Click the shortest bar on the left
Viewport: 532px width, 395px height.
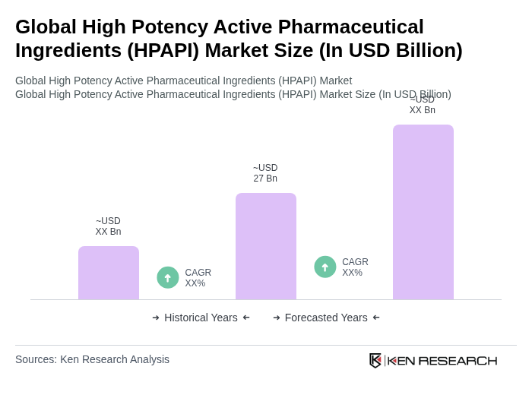point(109,273)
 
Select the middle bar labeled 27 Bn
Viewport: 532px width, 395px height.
point(266,246)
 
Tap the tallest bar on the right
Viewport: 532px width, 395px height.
point(423,212)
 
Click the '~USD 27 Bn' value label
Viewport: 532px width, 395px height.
point(265,173)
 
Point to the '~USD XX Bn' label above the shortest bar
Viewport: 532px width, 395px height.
point(108,226)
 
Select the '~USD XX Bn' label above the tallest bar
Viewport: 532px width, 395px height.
point(423,105)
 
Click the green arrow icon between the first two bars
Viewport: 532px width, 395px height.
point(168,277)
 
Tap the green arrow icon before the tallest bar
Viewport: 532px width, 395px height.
point(325,267)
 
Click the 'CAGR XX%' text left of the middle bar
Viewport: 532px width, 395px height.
point(198,278)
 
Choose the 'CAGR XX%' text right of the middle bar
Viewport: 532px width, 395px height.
point(355,267)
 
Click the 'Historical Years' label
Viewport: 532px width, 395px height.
point(201,318)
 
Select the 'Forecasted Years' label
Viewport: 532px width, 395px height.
point(326,318)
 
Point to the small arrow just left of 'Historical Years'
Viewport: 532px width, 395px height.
point(156,318)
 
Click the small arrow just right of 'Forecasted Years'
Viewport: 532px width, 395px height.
point(376,318)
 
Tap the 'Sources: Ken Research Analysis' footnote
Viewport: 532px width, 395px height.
point(92,359)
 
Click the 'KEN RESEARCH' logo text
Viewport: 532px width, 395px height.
point(442,361)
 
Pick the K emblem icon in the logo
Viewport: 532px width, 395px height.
point(375,360)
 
